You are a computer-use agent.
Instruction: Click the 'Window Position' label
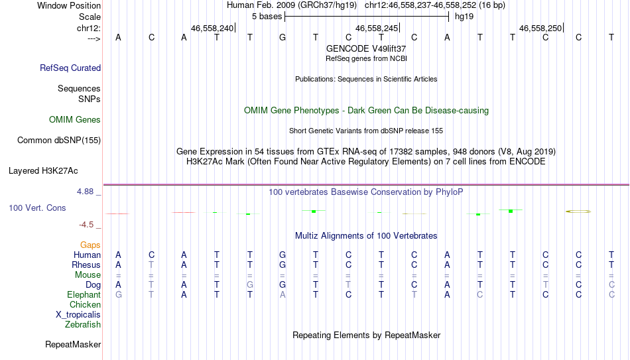[69, 5]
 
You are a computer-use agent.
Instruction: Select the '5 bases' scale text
[267, 17]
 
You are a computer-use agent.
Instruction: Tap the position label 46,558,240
[212, 28]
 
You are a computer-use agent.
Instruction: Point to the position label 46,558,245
[377, 28]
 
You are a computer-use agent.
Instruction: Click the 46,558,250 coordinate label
[540, 28]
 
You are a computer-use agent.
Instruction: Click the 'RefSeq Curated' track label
[70, 68]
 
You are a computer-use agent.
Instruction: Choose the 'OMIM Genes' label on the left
[75, 120]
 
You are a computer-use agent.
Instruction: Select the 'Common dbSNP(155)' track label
[59, 141]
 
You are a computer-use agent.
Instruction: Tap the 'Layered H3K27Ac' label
[43, 171]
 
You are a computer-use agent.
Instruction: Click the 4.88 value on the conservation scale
[85, 192]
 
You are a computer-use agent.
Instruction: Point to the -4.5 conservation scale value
[86, 225]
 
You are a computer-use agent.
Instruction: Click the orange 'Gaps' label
[90, 245]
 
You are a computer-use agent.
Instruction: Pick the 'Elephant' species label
[84, 295]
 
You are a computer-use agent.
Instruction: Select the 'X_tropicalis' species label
[78, 315]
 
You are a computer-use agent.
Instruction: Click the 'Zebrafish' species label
[83, 325]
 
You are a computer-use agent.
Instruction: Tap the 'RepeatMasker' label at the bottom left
[73, 344]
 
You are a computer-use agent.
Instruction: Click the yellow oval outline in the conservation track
[578, 211]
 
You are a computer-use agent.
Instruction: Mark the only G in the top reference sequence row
[283, 37]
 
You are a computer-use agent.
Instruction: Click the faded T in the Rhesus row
[151, 265]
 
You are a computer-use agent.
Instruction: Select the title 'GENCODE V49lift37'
[366, 48]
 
